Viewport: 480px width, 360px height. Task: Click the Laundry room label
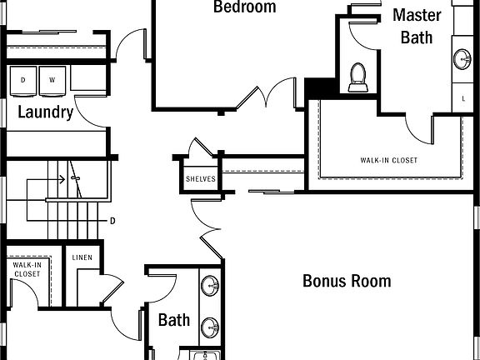46,112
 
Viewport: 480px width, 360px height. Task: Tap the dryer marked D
23,81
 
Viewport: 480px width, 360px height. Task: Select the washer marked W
52,81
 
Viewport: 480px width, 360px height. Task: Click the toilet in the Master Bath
357,77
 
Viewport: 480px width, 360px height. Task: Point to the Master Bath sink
462,59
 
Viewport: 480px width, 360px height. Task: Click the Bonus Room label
347,281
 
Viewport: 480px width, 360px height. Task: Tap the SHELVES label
201,179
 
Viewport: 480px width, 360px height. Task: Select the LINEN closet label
82,257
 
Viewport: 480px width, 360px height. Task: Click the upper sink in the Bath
210,286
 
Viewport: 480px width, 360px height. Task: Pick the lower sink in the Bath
210,327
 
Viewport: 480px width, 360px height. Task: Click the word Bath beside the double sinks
174,320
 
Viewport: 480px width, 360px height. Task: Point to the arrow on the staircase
46,179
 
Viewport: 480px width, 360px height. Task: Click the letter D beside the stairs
112,221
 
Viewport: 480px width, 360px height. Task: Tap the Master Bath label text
417,27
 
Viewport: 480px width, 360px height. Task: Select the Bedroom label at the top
245,7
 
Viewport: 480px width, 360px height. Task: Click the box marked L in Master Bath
462,97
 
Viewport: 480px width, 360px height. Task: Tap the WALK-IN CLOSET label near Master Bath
389,160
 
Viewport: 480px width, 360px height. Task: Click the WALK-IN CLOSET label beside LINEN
27,269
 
